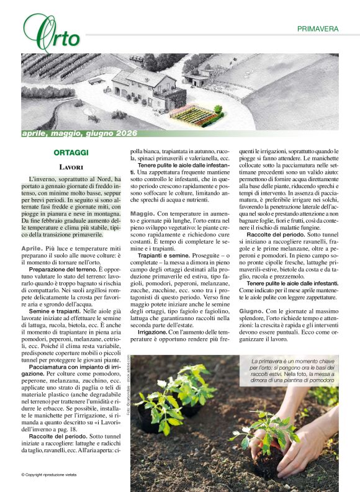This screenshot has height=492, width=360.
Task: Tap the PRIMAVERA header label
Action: [317, 29]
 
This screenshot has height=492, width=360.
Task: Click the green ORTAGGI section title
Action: [71, 153]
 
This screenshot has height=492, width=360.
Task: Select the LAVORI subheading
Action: [71, 168]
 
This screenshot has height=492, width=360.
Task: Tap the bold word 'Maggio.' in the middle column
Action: [143, 213]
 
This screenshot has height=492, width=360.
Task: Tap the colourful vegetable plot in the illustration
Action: [192, 114]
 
